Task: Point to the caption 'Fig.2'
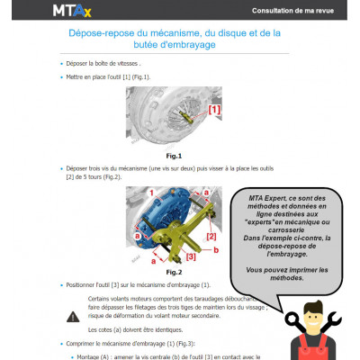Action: point(174,272)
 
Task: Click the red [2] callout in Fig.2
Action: point(211,237)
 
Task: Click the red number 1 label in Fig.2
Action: point(153,193)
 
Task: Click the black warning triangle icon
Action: point(73,317)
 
